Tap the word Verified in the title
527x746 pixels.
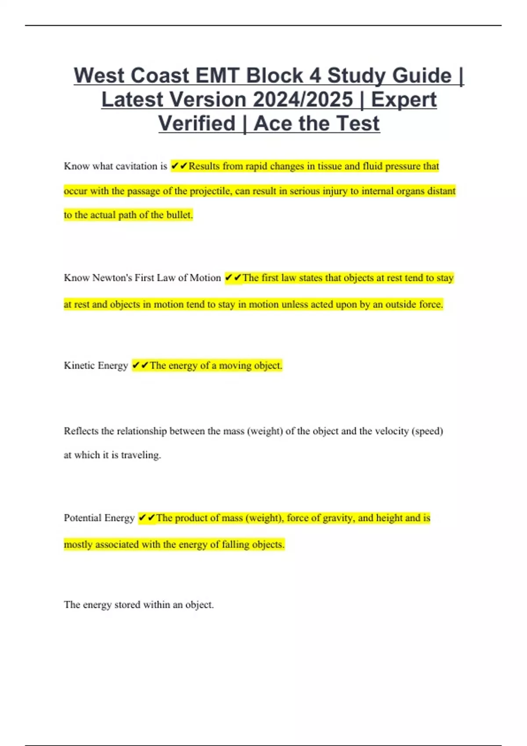point(197,123)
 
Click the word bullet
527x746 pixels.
point(180,215)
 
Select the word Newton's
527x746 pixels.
point(112,278)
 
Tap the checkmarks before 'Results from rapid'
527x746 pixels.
point(179,166)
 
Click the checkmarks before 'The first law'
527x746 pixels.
point(233,278)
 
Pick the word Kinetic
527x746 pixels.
point(79,366)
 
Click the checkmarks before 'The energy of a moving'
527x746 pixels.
point(141,366)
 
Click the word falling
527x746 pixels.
point(235,545)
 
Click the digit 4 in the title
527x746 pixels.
point(315,75)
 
